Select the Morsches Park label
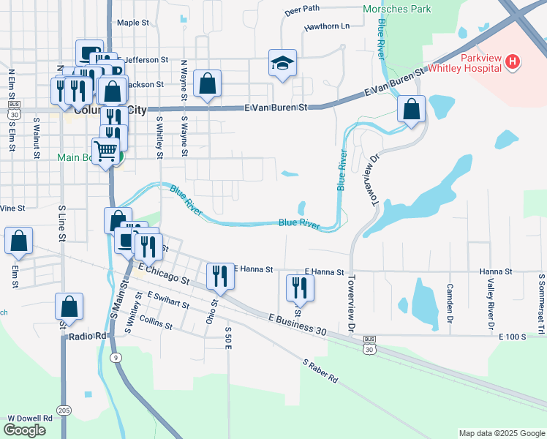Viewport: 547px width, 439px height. pos(397,10)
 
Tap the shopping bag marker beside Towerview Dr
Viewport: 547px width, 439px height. pos(412,110)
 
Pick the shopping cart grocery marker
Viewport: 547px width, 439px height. pos(107,151)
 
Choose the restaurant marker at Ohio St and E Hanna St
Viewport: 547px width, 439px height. pos(219,275)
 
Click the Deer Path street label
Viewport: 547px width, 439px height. pos(302,10)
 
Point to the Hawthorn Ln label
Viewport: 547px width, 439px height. pos(327,26)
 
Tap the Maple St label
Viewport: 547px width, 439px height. pos(132,23)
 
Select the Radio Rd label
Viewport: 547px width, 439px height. pos(88,337)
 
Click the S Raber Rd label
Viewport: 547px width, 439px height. pos(320,370)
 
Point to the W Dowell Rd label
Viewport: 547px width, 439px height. pos(30,418)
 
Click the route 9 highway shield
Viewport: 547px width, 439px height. pos(116,357)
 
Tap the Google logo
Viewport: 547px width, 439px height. pos(24,430)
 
